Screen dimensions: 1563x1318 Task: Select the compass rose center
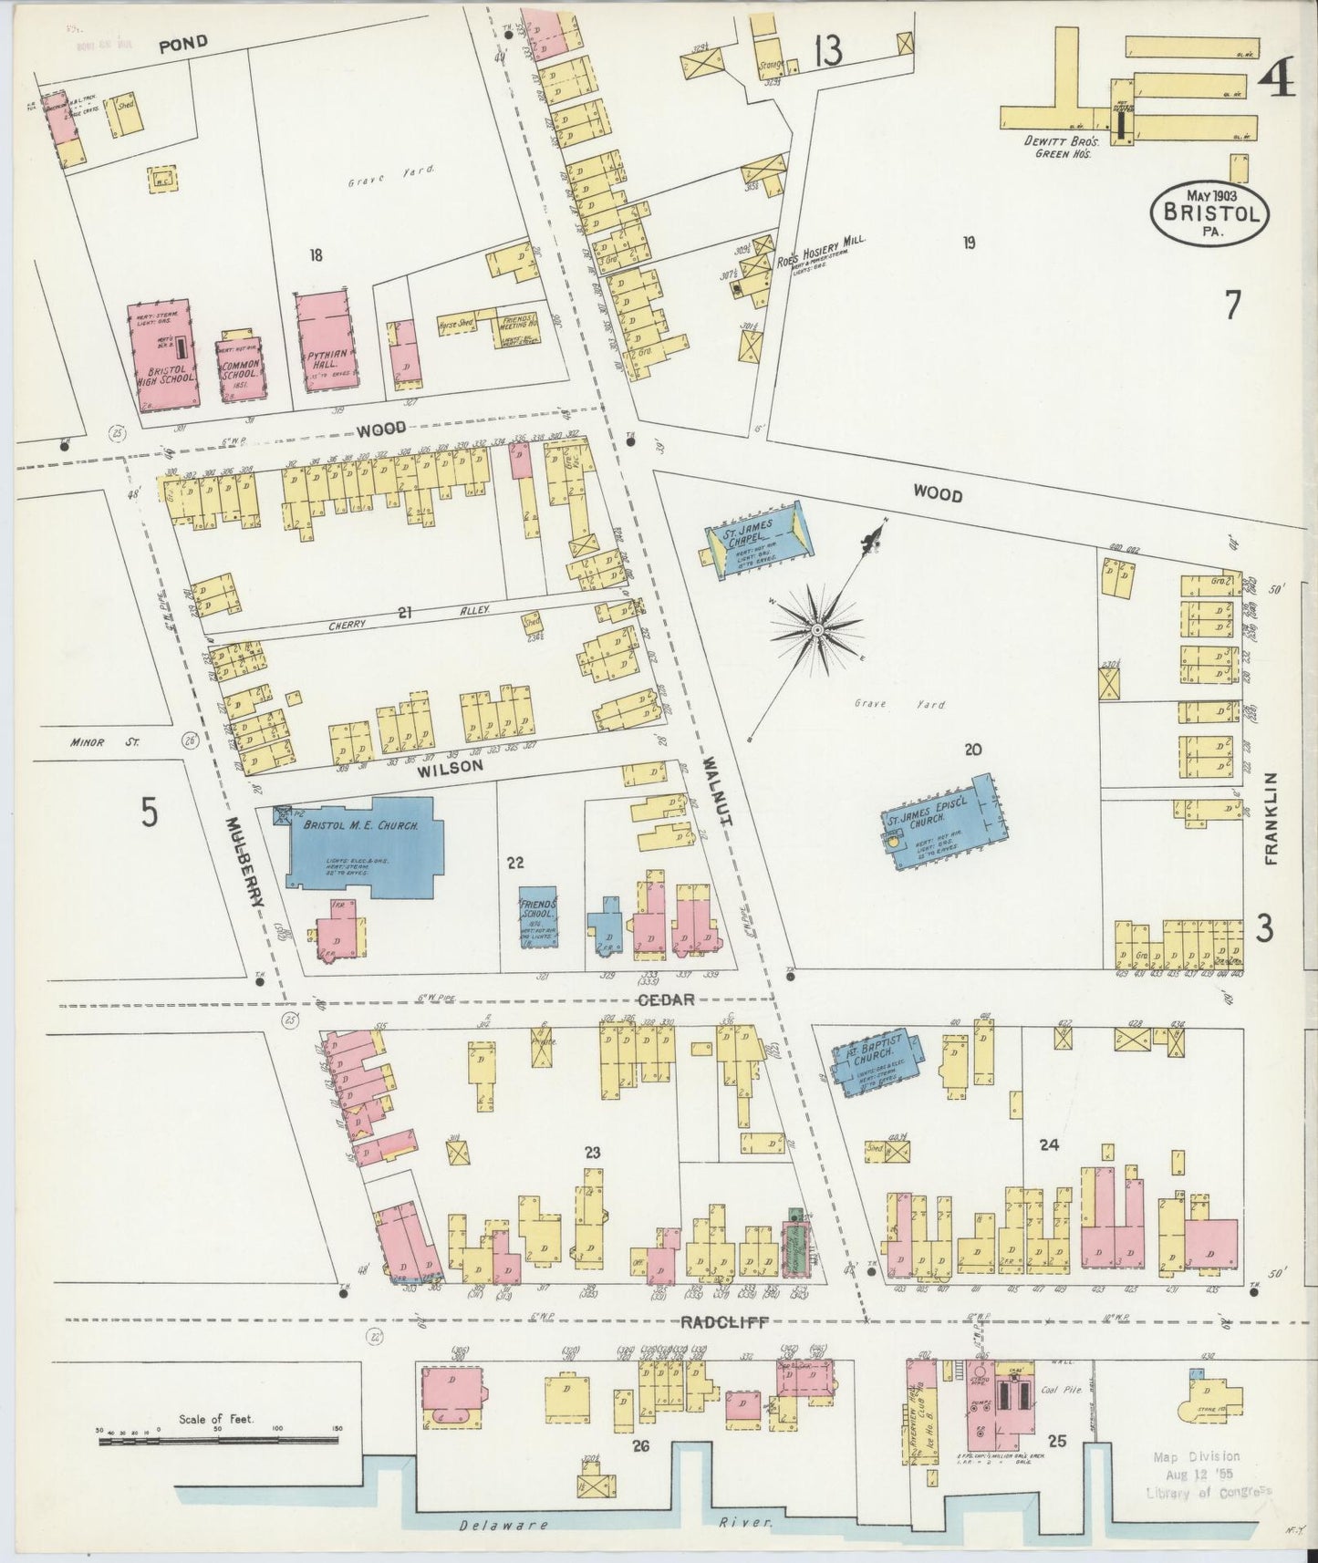tap(818, 629)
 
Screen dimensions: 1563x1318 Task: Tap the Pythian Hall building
tap(326, 344)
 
